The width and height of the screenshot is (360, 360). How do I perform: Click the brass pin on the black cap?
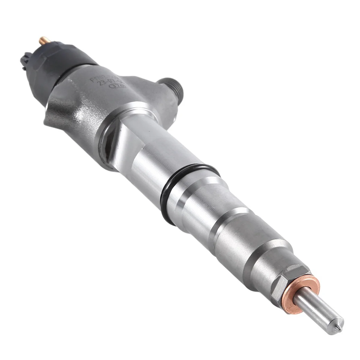click(x=41, y=40)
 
